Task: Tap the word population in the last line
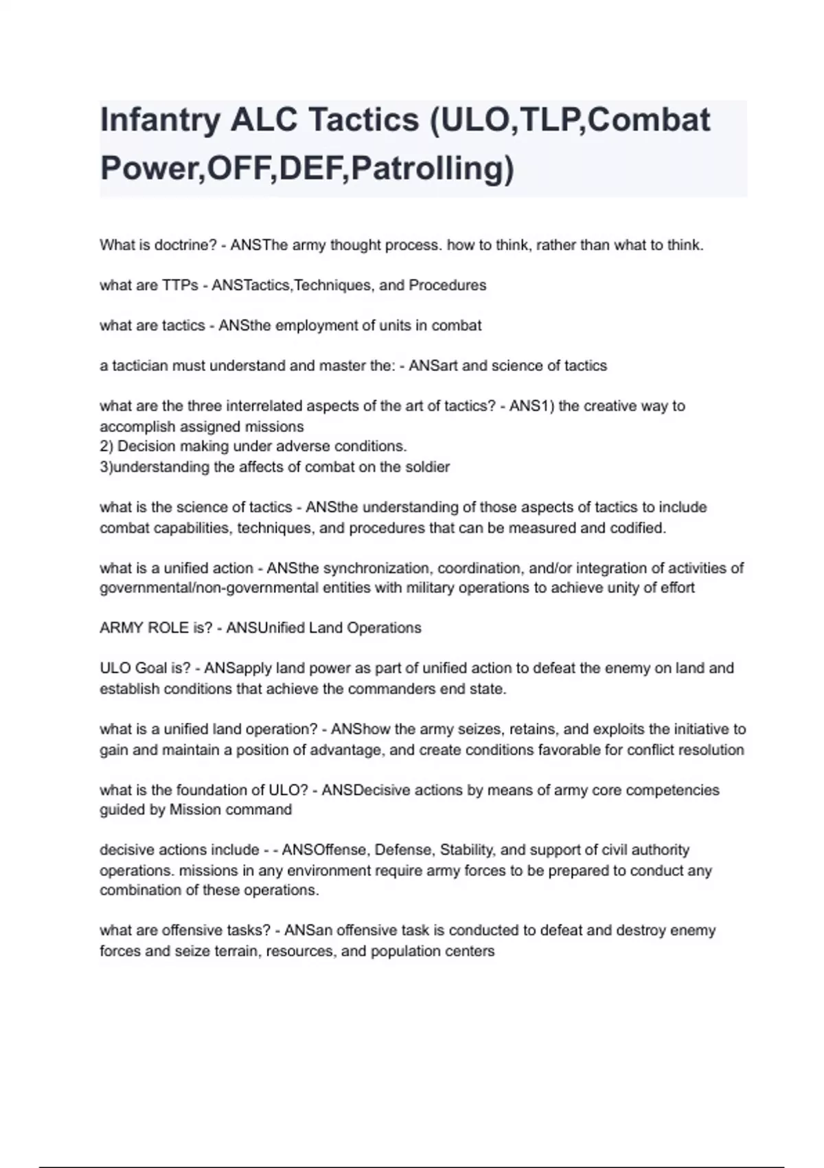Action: click(x=409, y=952)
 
